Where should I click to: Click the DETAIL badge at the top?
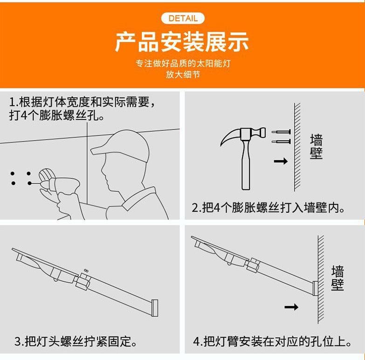point(183,18)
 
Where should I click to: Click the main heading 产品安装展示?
point(182,42)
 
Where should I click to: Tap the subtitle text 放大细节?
point(183,75)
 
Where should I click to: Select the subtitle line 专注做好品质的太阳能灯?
point(183,63)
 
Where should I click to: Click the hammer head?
point(243,136)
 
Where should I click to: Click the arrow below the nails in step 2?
point(281,161)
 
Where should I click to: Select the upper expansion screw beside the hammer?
point(281,132)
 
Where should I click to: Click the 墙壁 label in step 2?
point(316,147)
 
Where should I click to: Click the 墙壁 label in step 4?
point(337,278)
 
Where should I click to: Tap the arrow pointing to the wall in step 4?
point(291,307)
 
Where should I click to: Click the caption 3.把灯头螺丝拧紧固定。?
point(76,341)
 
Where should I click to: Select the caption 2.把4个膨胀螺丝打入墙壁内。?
point(268,208)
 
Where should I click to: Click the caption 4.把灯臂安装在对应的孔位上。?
point(272,341)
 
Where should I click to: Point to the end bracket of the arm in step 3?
point(155,308)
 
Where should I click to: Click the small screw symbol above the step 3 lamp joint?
point(86,271)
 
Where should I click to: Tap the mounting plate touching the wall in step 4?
point(316,288)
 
